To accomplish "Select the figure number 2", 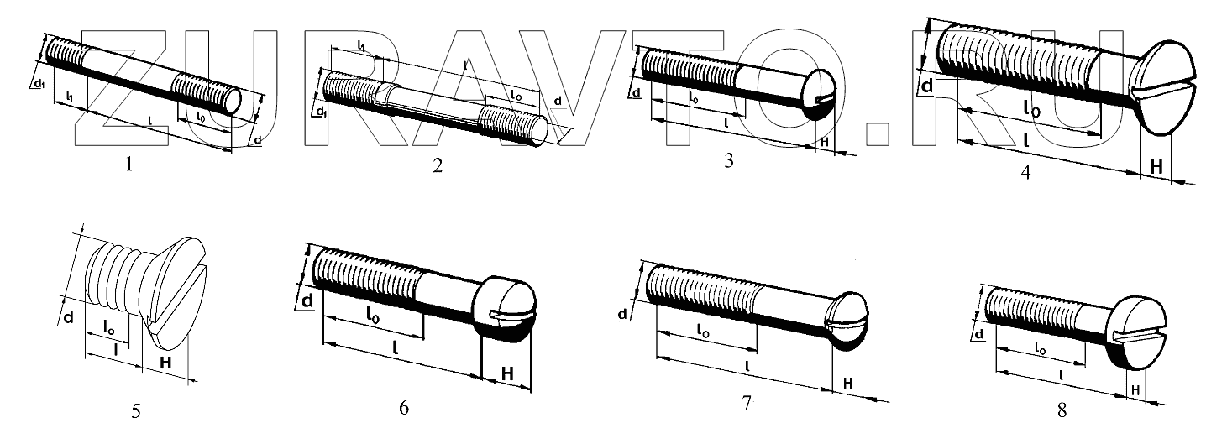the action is (x=438, y=165).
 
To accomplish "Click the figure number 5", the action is (x=136, y=412).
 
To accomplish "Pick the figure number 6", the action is (x=404, y=409).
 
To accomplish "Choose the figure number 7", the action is (x=746, y=404).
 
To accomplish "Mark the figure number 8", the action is (x=1062, y=410).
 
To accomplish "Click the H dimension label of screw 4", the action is (x=1156, y=167).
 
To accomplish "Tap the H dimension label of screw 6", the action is (x=507, y=373).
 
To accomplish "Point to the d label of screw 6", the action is (x=307, y=300).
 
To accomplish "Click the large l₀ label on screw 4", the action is (x=1031, y=109).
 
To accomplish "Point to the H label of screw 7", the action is (x=848, y=384).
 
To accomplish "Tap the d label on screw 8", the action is (x=980, y=335).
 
